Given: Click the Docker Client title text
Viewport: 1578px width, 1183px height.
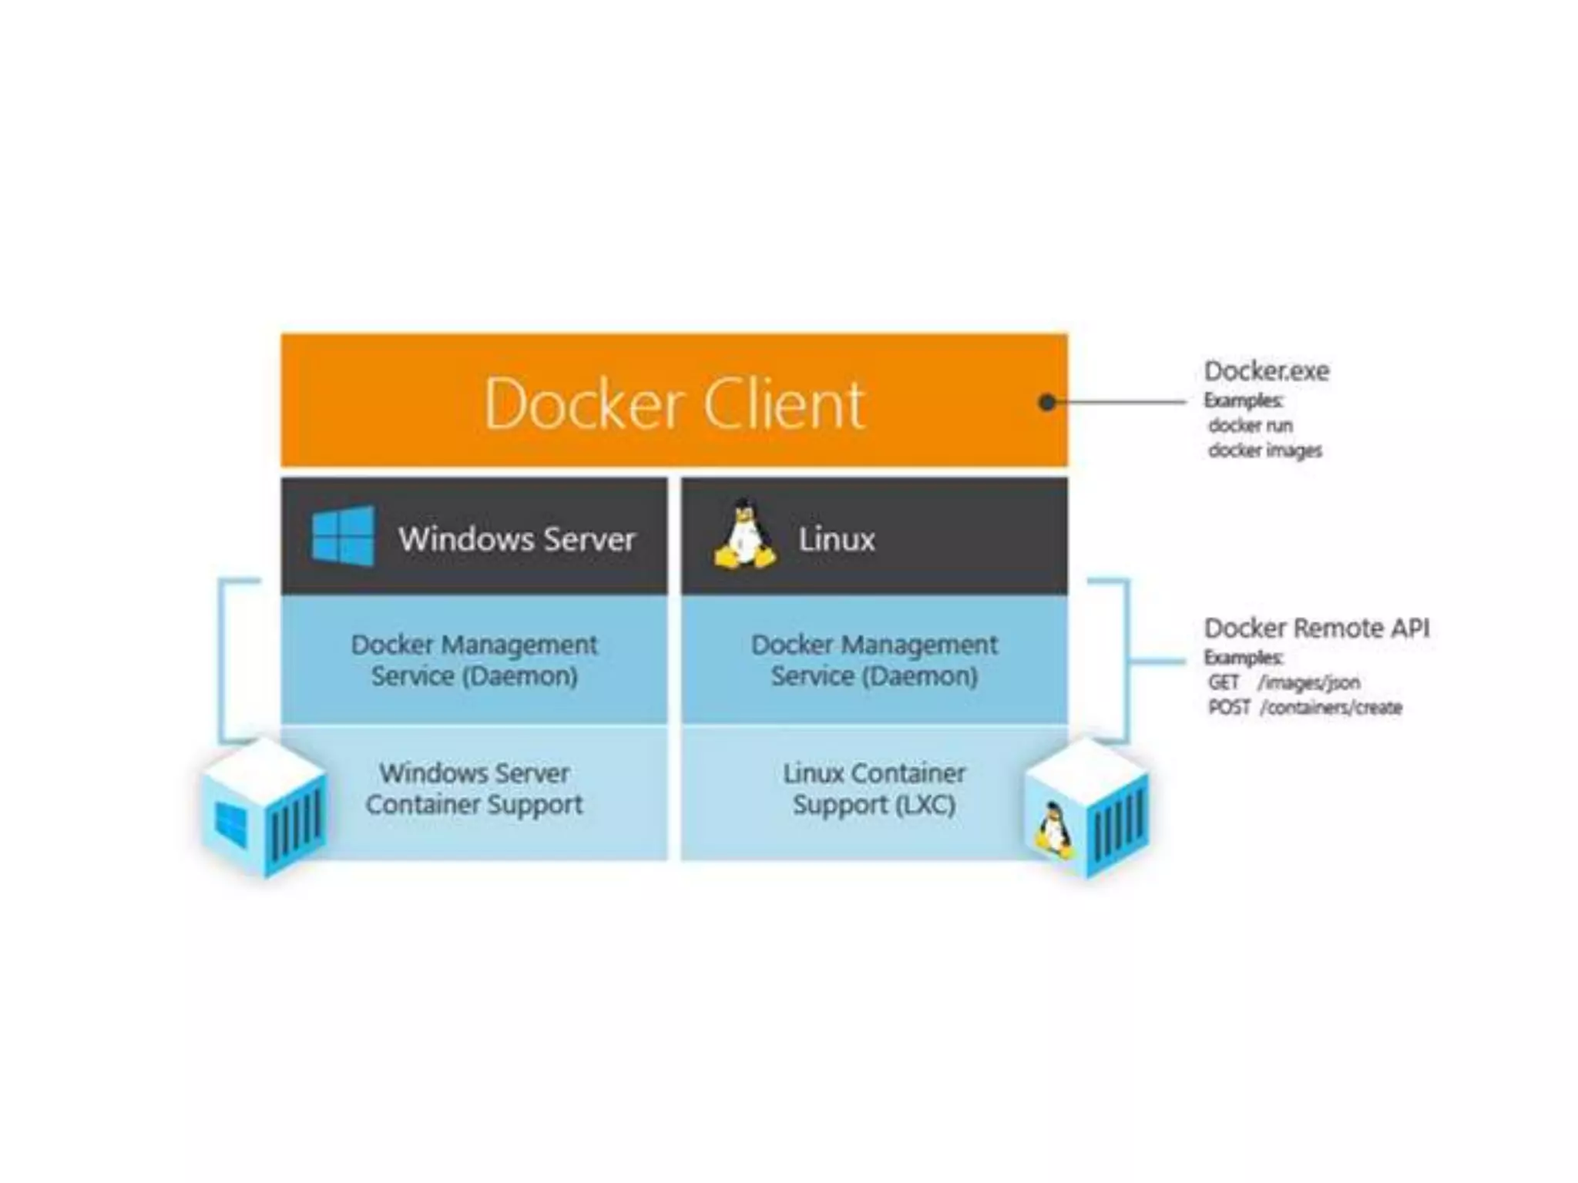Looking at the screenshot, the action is [674, 404].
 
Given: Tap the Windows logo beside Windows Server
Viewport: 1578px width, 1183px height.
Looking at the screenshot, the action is [343, 536].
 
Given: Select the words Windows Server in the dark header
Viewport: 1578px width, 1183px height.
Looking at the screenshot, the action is [516, 538].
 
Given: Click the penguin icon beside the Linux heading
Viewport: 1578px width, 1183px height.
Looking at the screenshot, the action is [744, 535].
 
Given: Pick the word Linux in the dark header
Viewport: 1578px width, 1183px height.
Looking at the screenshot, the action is [836, 539].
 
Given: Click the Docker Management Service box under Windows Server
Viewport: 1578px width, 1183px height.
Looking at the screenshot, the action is [474, 659].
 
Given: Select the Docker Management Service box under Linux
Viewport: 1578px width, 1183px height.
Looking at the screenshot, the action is [875, 659].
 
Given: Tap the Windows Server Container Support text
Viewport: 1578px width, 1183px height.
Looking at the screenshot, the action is [474, 789].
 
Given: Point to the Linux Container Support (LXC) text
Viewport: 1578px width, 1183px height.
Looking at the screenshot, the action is [874, 789].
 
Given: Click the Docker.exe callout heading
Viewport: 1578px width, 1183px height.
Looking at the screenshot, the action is [1266, 371].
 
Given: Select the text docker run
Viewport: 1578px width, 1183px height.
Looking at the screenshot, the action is [1250, 425].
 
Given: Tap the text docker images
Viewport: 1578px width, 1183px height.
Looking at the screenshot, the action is [1264, 451].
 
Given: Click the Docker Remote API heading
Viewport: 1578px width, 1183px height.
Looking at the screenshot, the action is [1316, 628].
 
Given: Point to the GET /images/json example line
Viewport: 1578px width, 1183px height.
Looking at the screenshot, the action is [1284, 682].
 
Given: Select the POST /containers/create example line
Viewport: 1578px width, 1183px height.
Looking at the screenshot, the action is [1304, 707].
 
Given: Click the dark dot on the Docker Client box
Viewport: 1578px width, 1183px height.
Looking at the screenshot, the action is [1046, 402].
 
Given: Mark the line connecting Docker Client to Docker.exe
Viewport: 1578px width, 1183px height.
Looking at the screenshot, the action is [1116, 402].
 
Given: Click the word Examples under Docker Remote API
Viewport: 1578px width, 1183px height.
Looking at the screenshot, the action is [1243, 658].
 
